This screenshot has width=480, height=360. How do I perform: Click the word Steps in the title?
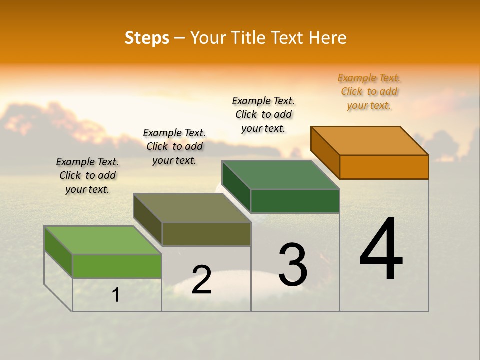click(x=147, y=38)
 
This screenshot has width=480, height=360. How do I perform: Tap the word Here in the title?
click(x=327, y=38)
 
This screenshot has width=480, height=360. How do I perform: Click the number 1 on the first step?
click(x=116, y=295)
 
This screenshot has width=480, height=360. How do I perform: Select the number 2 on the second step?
click(x=201, y=280)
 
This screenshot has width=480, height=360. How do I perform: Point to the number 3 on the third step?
click(x=293, y=265)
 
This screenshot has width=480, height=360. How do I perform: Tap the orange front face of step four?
click(x=384, y=167)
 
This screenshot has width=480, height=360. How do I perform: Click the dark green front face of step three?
click(x=295, y=201)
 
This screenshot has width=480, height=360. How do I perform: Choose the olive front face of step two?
click(x=206, y=234)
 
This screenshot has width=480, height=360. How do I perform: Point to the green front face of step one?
click(x=117, y=266)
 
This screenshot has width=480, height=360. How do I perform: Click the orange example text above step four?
click(x=369, y=92)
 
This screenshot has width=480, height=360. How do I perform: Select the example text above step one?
click(x=87, y=175)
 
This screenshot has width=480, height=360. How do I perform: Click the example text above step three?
click(x=263, y=114)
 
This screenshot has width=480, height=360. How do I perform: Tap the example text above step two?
click(x=174, y=146)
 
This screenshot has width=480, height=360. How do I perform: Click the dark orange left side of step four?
click(x=325, y=152)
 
